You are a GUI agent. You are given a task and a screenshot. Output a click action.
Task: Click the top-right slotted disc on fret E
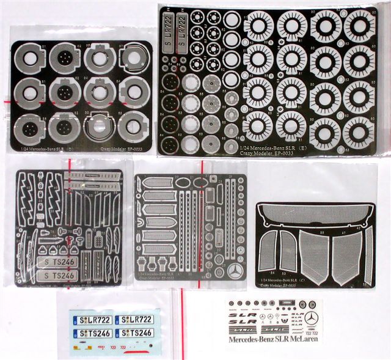point(359,26)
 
